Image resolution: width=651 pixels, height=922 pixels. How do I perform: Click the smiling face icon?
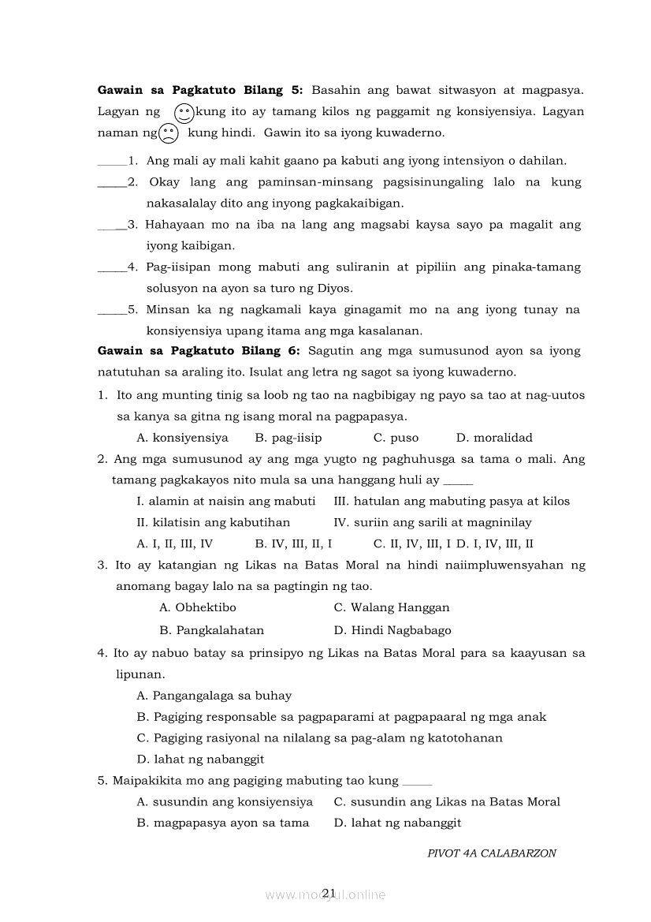click(x=184, y=113)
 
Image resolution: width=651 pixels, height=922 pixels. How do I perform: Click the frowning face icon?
click(x=169, y=133)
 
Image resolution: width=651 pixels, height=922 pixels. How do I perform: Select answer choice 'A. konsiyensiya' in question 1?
click(x=182, y=438)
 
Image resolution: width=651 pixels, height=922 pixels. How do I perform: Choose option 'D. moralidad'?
click(x=494, y=438)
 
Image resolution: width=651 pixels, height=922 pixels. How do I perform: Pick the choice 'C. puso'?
click(x=396, y=438)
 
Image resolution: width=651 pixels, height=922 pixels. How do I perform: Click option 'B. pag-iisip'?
click(x=288, y=438)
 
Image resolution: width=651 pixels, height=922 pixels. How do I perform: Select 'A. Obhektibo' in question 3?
click(x=197, y=607)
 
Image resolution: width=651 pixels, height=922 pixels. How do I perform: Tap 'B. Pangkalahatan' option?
click(x=211, y=630)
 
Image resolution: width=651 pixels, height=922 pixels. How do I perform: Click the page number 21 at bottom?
click(x=329, y=892)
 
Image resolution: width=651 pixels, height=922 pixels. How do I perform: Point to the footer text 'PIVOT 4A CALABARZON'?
click(x=491, y=853)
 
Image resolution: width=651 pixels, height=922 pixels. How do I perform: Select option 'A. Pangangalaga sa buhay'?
click(x=214, y=696)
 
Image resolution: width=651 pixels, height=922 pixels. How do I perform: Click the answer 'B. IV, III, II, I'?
click(x=293, y=543)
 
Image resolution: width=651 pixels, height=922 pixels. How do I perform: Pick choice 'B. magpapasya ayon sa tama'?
click(x=222, y=823)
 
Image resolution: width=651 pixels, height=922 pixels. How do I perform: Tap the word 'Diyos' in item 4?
click(x=337, y=288)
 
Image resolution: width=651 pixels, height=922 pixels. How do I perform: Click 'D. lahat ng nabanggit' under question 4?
click(x=200, y=759)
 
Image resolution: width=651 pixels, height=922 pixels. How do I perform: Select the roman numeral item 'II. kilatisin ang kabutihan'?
click(x=213, y=522)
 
